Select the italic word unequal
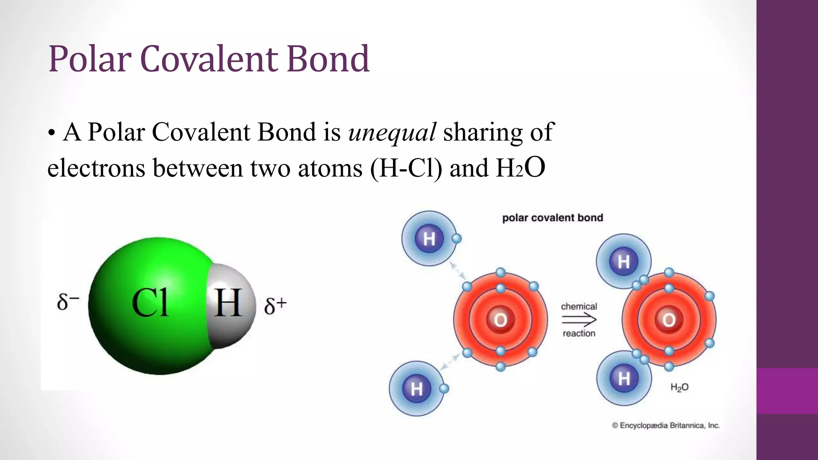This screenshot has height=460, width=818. point(392,132)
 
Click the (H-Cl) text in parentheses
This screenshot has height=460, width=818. point(406,168)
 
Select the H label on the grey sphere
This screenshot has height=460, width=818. point(228,303)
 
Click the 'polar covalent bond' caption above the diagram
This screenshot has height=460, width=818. point(552,218)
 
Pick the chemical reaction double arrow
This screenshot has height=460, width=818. point(579,319)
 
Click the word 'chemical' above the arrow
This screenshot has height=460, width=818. point(579,306)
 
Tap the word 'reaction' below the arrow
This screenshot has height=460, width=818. point(579,333)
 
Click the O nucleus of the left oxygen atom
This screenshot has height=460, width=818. point(500,320)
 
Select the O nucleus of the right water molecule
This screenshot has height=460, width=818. point(669,320)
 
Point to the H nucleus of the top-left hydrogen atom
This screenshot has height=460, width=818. point(429,239)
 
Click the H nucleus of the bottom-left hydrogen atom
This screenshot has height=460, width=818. point(417,389)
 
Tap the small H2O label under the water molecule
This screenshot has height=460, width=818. point(679,387)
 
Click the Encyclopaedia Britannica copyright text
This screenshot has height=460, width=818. point(666,426)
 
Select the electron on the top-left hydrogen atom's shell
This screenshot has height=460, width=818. point(457,239)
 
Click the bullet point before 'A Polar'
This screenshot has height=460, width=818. point(51,133)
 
